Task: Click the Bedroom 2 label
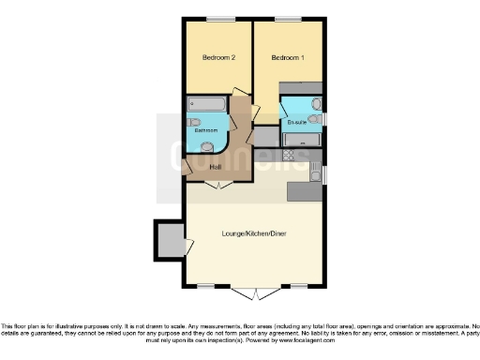coord(217,58)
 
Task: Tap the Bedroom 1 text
coord(288,58)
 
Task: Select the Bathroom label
coord(206,130)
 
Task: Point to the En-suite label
coord(296,123)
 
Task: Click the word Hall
coord(215,167)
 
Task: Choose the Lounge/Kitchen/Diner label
coord(254,232)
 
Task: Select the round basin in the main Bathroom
coord(206,146)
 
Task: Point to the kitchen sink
coord(314,172)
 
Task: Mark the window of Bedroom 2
coord(220,19)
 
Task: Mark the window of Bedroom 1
coord(288,19)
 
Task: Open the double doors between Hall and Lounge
coord(218,186)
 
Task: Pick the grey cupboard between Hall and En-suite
coord(266,137)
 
